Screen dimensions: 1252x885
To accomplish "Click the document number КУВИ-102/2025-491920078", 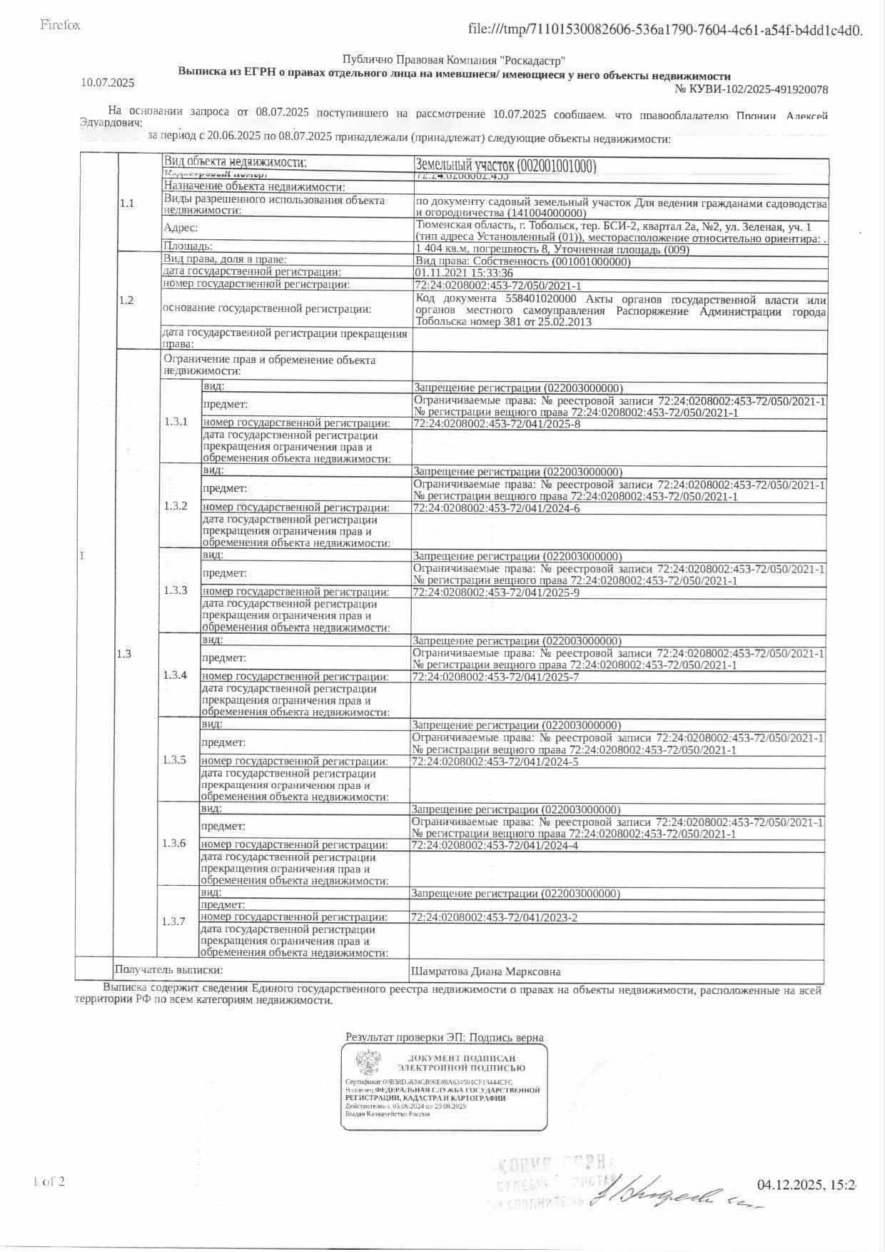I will point(752,89).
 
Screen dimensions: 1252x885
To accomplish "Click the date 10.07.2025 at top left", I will point(107,83).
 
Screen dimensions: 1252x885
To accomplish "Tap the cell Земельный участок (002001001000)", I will point(505,166).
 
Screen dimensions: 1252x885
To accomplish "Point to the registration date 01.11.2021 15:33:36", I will point(463,273).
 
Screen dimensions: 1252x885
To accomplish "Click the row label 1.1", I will point(126,203).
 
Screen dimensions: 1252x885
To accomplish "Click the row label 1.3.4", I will point(175,675).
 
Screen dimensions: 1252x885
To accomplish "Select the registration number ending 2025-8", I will point(497,424).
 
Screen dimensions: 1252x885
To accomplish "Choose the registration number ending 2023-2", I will point(494,917).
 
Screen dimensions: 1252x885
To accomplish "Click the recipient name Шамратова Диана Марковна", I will point(485,971).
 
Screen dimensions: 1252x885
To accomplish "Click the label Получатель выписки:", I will point(168,969).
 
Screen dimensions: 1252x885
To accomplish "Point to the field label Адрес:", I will point(181,228).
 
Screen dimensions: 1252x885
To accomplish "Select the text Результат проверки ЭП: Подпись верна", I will point(444,1037).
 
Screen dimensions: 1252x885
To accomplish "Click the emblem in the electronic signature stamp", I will point(369,1062).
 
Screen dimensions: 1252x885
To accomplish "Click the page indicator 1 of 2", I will point(49,1181).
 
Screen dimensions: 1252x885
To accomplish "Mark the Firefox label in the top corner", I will point(60,26).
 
